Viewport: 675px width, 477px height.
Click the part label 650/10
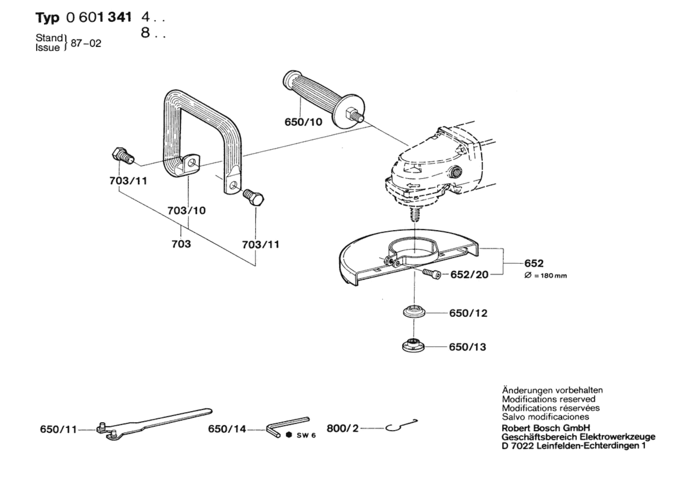[x=303, y=122]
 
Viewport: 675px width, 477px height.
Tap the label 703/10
[x=187, y=210]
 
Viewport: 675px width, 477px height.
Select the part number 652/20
[x=469, y=275]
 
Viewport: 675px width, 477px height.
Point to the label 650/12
[x=468, y=313]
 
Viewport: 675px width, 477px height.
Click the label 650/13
[x=468, y=347]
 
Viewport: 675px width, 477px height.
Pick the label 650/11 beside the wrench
[x=58, y=429]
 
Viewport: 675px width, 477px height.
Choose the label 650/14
[x=227, y=429]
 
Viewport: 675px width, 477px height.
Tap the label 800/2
[x=343, y=428]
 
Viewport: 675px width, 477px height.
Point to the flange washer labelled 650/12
[x=414, y=312]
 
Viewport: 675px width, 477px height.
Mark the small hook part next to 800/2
[x=401, y=425]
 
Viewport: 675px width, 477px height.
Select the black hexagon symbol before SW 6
[x=289, y=435]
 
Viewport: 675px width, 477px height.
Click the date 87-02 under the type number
[x=86, y=43]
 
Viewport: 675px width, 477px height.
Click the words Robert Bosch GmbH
[x=546, y=428]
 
